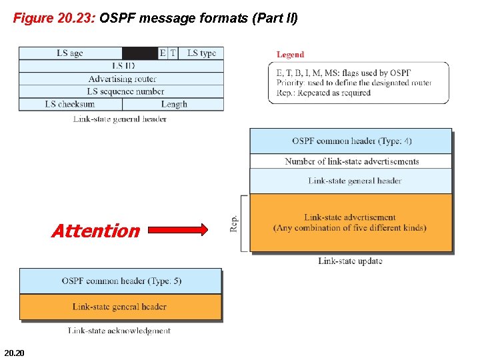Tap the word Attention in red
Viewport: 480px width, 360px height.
(x=95, y=231)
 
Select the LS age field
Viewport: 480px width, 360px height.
(x=70, y=53)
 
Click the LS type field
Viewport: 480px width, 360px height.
(x=201, y=53)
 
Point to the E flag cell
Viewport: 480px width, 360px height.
(x=163, y=53)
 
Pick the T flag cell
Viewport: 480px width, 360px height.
(x=173, y=53)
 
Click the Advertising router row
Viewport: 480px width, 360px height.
(x=121, y=79)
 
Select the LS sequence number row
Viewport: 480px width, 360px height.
(x=121, y=91)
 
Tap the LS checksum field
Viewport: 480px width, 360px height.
(x=70, y=104)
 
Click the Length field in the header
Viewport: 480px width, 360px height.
(x=174, y=104)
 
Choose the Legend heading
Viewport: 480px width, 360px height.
(x=290, y=55)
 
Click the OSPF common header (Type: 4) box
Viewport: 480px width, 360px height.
(x=351, y=141)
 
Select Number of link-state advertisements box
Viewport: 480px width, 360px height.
(x=351, y=161)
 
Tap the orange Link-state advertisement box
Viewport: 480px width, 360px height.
(x=351, y=223)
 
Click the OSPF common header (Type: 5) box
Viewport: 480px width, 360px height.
(x=121, y=281)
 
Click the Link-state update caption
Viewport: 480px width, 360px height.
(x=350, y=261)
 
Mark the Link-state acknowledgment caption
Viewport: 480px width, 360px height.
(x=119, y=330)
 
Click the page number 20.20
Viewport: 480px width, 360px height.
(x=13, y=352)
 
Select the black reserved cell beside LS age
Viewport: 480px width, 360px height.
(x=140, y=53)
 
